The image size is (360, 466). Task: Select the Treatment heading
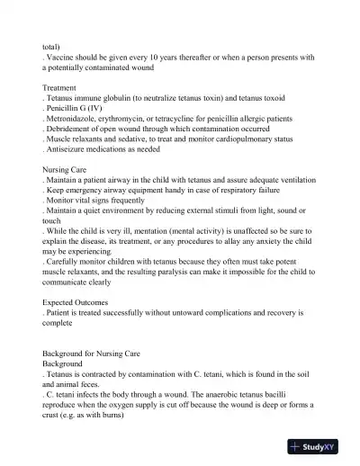62,87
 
